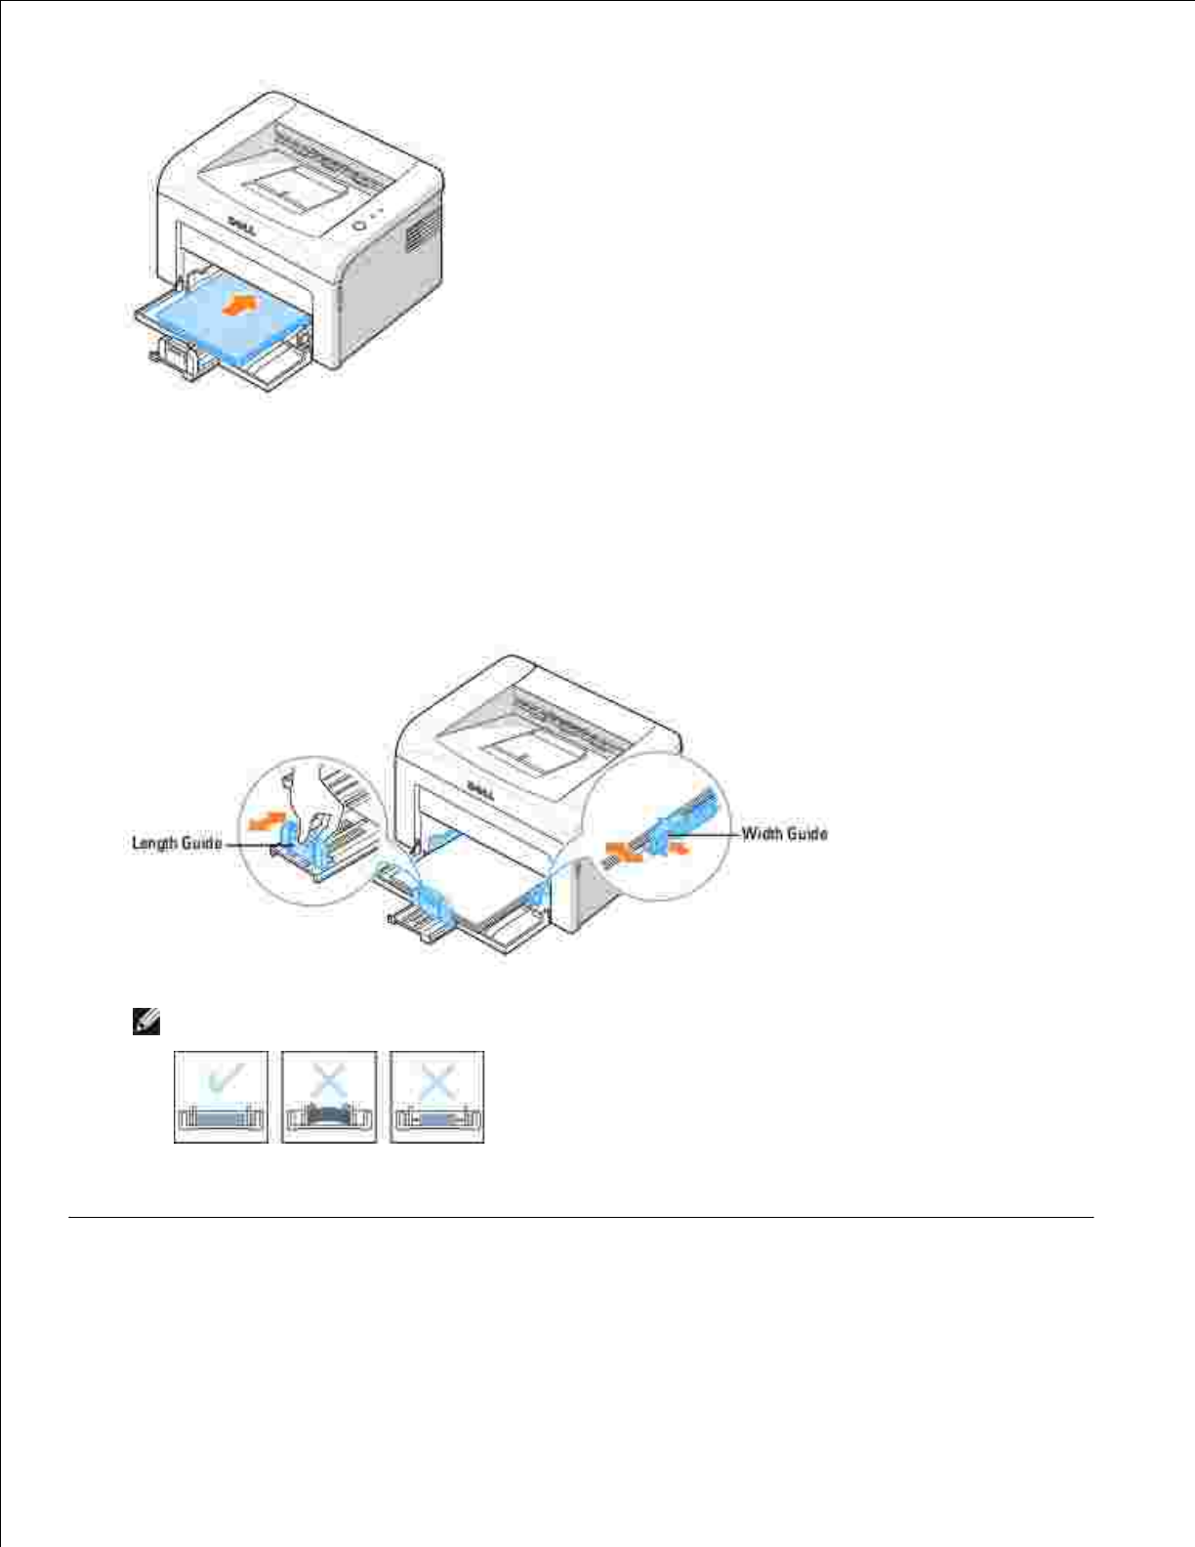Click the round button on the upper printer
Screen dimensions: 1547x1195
coord(358,225)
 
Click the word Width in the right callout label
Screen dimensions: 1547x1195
coord(762,833)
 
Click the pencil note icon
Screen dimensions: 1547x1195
coord(145,1024)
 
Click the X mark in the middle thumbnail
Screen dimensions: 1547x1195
coord(329,1080)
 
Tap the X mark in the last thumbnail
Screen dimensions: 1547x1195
coord(437,1080)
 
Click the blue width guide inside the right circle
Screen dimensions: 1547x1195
coord(671,830)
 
